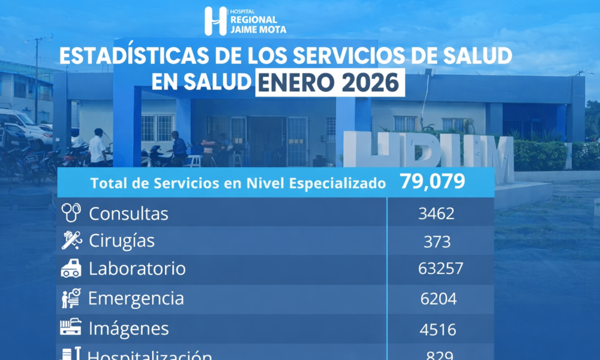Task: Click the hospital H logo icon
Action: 215,21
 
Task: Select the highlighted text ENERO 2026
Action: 329,83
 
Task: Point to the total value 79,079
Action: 432,182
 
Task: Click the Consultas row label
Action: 128,213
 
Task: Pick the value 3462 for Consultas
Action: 437,213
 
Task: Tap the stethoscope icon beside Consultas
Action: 71,213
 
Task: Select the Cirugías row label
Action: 122,241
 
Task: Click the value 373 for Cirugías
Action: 436,241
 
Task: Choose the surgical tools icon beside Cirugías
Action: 71,241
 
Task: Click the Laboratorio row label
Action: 137,269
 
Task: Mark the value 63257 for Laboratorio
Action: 440,269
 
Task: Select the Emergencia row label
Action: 136,298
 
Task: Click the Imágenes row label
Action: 128,328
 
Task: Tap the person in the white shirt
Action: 97,147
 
